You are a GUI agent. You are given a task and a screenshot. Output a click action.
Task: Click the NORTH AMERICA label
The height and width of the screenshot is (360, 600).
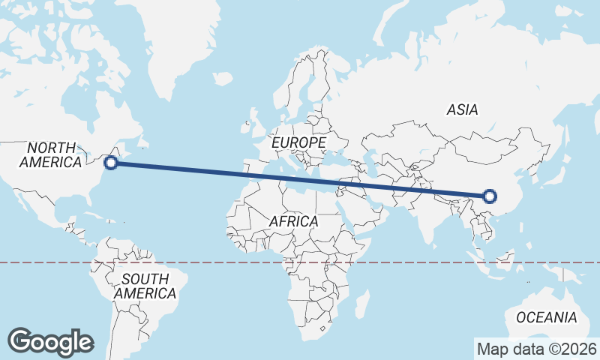coord(50,154)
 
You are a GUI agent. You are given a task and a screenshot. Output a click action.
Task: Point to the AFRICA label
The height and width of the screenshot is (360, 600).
coord(293,222)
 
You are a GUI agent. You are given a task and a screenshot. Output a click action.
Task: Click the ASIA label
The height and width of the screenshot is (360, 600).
coord(462,109)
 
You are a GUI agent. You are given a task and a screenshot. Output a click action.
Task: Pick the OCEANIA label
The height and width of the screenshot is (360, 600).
coord(546,317)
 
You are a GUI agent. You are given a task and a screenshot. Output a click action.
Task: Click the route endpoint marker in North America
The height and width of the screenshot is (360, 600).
coord(111,162)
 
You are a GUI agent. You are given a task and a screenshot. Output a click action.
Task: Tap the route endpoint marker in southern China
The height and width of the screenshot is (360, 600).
coord(490,196)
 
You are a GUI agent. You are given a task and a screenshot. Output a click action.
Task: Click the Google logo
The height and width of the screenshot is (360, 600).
coord(50,342)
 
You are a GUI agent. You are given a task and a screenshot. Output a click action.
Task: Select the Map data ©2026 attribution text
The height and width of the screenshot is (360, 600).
coord(537,349)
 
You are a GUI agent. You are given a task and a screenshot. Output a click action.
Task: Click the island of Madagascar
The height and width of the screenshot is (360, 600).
coord(361,303)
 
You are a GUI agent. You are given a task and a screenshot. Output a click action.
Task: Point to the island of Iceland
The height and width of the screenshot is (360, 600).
coord(222,78)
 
